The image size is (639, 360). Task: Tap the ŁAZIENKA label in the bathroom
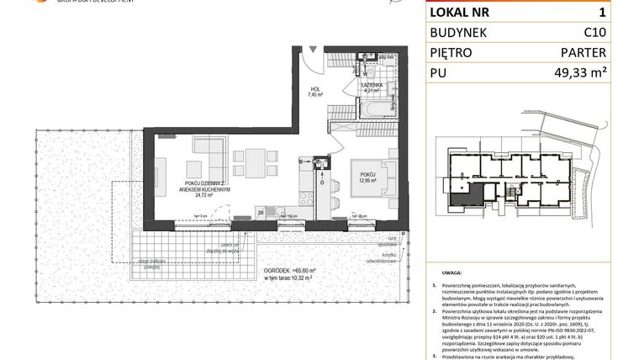point(372,86)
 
